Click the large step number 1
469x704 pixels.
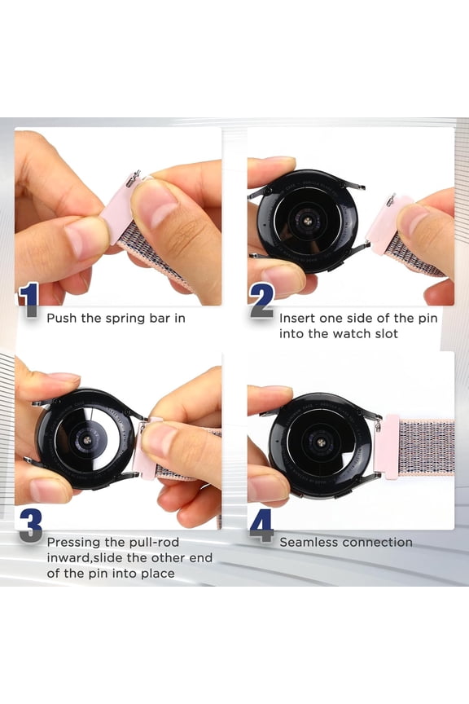30,300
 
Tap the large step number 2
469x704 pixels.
262,301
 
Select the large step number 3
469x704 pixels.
30,526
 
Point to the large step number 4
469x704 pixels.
262,526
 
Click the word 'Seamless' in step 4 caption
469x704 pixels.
309,543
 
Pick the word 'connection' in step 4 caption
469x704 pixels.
376,543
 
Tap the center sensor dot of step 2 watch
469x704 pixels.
308,222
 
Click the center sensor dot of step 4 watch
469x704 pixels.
321,443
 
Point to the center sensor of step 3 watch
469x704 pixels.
86,441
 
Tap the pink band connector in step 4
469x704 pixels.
387,447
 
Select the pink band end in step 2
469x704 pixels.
389,225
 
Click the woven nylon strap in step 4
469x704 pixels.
427,447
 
